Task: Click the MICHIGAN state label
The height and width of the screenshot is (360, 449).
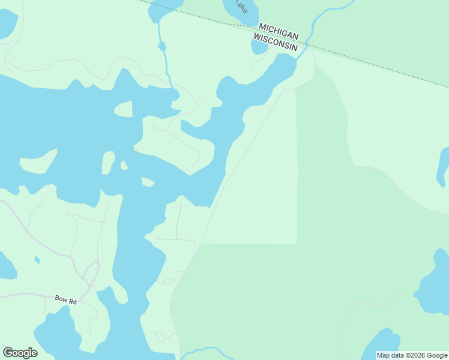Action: (279, 28)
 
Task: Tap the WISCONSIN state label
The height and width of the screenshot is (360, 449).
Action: (276, 37)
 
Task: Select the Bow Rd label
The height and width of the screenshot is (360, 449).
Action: (65, 298)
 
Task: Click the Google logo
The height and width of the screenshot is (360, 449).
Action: (20, 353)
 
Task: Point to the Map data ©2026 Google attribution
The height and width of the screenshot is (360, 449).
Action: (412, 355)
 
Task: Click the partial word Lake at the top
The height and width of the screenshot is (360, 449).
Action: (241, 6)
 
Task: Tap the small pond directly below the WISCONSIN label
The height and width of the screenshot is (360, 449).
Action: (259, 47)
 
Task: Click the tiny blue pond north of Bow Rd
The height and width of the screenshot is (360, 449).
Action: (37, 260)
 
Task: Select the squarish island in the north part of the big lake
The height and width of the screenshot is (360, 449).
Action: (123, 109)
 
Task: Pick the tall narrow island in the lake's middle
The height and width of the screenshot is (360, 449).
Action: (108, 163)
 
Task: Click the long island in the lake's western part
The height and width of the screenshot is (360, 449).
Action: (38, 163)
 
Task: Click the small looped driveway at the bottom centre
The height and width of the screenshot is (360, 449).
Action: (160, 336)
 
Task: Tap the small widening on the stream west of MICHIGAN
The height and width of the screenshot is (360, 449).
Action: (161, 46)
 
